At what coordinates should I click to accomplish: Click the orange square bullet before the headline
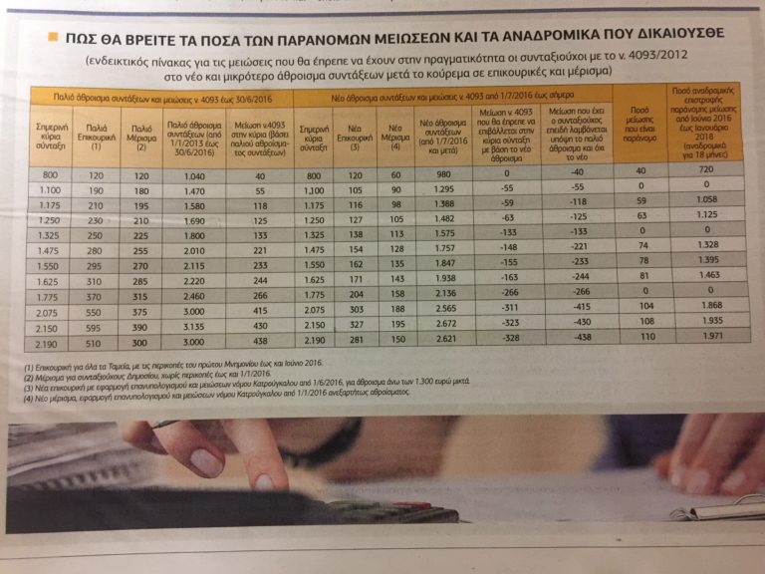coord(51,36)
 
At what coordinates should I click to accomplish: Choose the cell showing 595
coord(97,327)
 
